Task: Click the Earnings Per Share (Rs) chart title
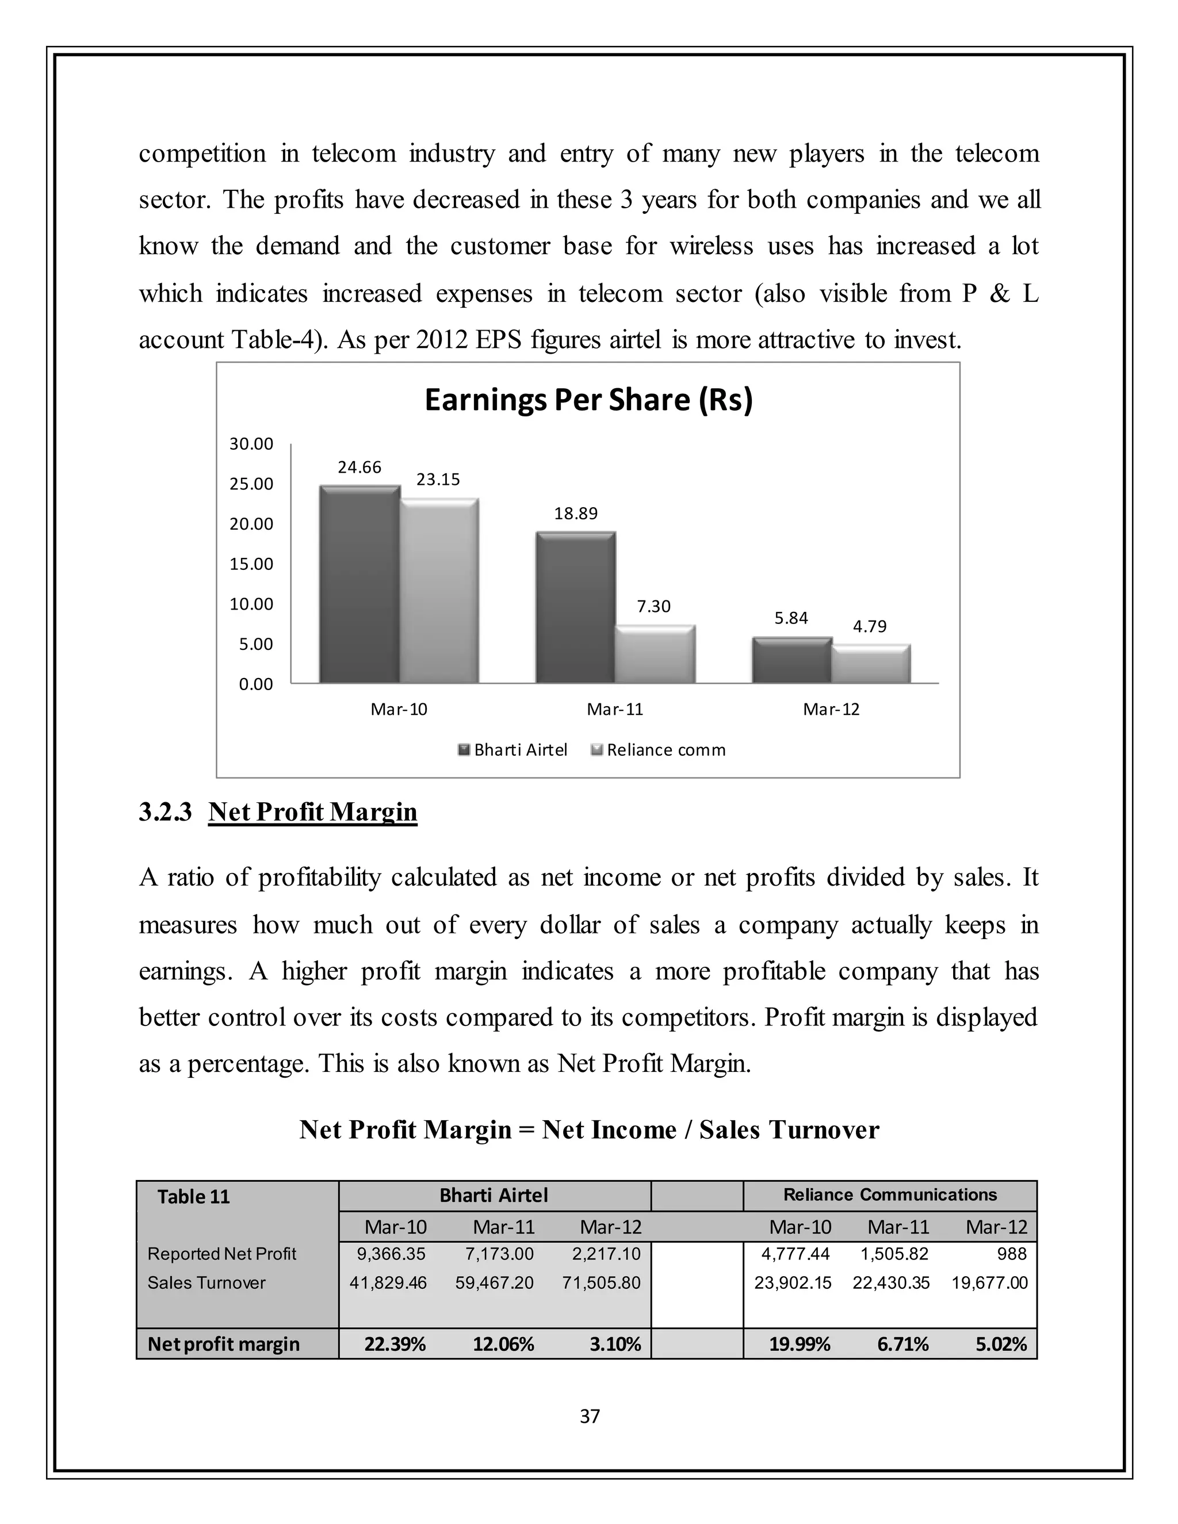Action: tap(588, 400)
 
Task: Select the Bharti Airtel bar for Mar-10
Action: tap(359, 585)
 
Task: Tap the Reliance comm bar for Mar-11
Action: tap(655, 654)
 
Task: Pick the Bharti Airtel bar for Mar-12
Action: tap(791, 660)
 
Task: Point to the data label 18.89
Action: tap(576, 514)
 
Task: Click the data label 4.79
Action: tap(870, 627)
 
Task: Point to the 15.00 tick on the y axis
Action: tap(251, 564)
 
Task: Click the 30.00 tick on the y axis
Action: tap(251, 444)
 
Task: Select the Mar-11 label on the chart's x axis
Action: tap(615, 710)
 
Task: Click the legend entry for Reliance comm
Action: tap(665, 750)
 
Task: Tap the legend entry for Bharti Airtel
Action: tap(520, 750)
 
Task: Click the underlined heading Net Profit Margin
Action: tap(313, 811)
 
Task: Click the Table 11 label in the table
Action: tap(193, 1197)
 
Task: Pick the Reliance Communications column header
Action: tap(890, 1194)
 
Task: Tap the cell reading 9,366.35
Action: tap(391, 1254)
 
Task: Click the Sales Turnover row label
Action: tap(206, 1282)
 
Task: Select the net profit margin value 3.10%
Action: tap(615, 1344)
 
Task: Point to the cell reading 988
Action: tap(1011, 1254)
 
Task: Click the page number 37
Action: tap(590, 1416)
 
